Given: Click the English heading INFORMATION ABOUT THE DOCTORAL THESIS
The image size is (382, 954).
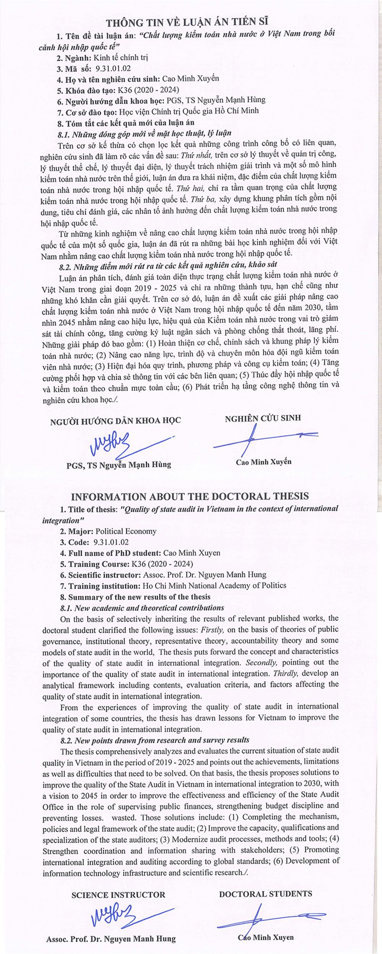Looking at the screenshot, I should (190, 496).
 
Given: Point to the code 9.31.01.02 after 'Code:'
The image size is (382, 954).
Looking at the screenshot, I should (111, 542).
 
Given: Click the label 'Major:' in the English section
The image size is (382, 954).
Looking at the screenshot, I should (81, 531).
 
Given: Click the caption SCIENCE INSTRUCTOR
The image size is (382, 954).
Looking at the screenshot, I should (118, 894).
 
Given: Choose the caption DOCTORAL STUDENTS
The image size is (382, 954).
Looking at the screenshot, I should (265, 894).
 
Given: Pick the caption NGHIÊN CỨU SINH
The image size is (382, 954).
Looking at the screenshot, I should (263, 418).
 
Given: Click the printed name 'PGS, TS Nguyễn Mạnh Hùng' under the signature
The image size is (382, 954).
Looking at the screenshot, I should (118, 465).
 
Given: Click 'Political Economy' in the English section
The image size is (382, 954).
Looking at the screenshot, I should (126, 531).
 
